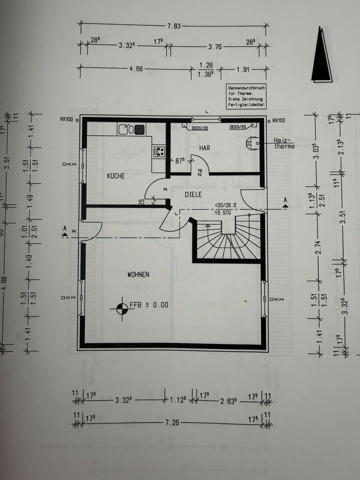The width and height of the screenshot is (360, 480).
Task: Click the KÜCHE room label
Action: tap(115, 176)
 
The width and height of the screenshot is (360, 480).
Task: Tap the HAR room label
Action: tap(204, 148)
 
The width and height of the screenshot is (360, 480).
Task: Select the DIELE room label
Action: tap(193, 194)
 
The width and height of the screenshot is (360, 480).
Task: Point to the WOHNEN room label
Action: tap(138, 274)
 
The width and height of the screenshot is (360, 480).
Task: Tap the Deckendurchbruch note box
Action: tap(246, 96)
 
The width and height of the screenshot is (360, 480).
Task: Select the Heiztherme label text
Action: tap(284, 143)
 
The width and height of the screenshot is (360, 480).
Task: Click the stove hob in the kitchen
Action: tap(159, 150)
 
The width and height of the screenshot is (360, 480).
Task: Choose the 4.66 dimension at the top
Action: tap(136, 69)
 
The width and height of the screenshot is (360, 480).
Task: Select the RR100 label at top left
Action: tap(66, 120)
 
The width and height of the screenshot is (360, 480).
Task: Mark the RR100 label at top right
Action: tap(278, 120)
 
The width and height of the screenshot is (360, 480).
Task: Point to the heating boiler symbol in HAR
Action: tap(251, 142)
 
